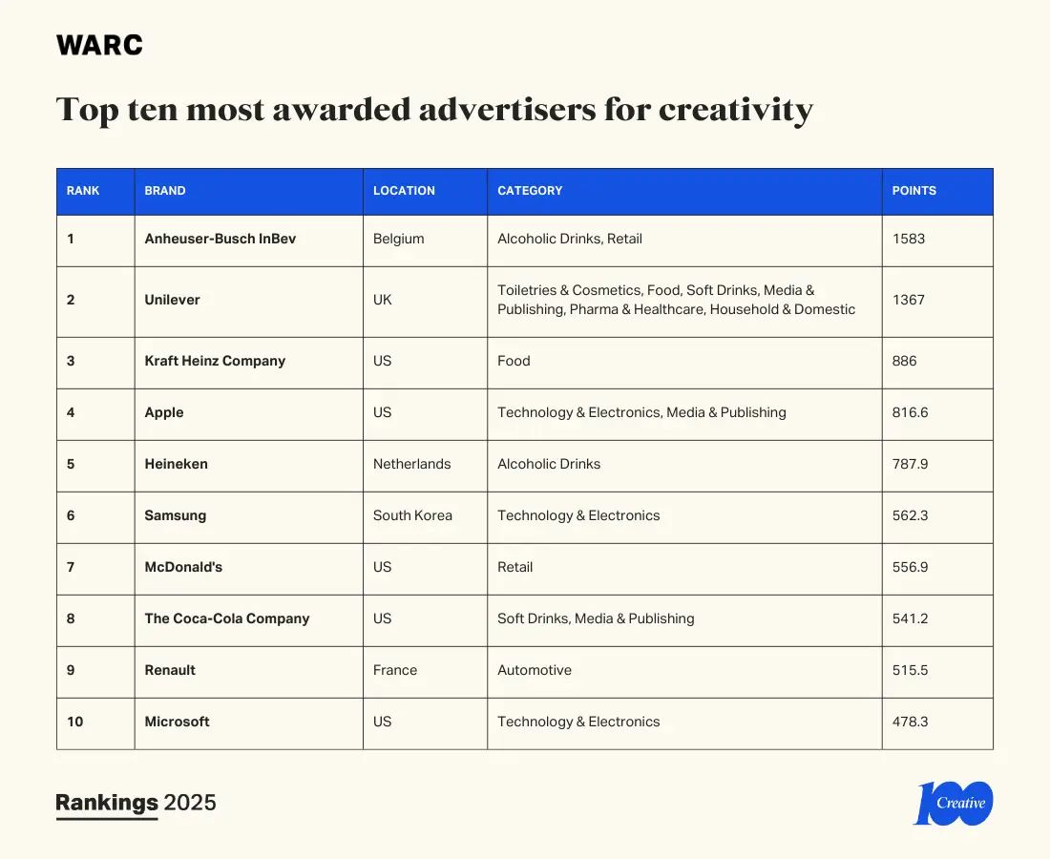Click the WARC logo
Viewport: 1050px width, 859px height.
[99, 45]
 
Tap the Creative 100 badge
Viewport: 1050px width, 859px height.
[955, 803]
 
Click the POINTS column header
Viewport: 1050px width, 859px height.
[913, 191]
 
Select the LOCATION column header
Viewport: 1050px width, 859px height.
[404, 191]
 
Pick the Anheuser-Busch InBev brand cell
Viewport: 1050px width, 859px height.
[220, 239]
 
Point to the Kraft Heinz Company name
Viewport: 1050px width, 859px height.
[215, 361]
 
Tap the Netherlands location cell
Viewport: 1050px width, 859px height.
[411, 464]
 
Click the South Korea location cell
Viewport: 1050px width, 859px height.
[412, 515]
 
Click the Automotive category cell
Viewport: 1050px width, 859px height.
[535, 670]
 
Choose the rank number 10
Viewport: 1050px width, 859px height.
[74, 722]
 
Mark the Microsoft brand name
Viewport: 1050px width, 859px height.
[177, 722]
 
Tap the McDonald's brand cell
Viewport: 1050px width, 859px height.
[183, 567]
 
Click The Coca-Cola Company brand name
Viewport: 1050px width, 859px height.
[227, 618]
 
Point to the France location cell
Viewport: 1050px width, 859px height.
[395, 670]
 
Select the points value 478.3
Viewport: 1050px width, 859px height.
[911, 722]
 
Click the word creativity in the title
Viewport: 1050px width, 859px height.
[735, 110]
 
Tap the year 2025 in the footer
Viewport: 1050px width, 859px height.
[190, 803]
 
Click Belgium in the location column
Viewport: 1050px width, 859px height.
[398, 239]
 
